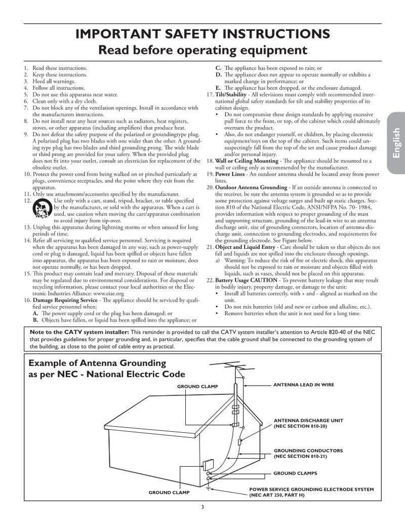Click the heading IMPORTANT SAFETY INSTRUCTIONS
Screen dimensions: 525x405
coord(202,34)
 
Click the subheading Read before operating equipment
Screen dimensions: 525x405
coord(202,50)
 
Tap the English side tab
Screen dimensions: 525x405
coord(395,144)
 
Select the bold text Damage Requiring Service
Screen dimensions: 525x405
coord(66,300)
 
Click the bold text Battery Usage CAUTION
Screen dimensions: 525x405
coord(246,280)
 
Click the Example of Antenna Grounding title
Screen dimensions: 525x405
coord(98,363)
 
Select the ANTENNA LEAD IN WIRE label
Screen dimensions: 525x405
coord(304,385)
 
